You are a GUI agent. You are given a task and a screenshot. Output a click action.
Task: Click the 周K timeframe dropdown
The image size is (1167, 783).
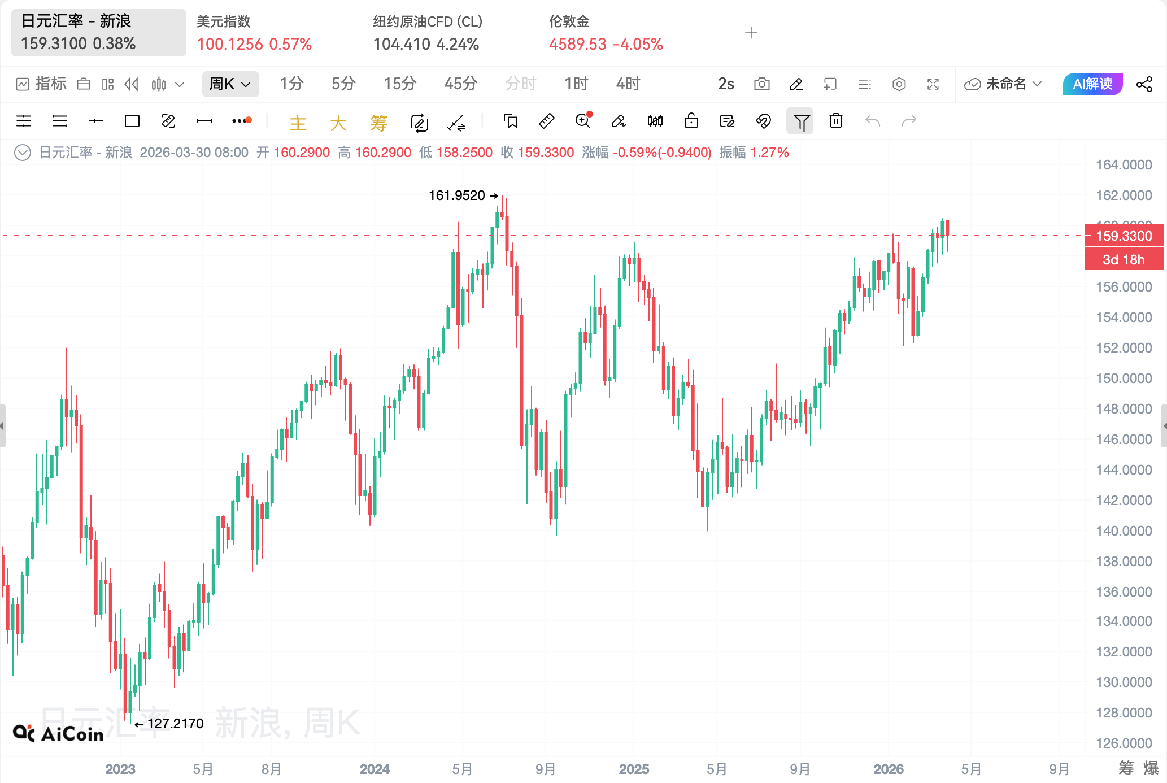click(x=230, y=84)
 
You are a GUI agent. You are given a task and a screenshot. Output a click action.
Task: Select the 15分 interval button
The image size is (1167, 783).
click(x=400, y=84)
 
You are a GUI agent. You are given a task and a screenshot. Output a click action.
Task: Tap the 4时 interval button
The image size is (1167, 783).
click(x=628, y=84)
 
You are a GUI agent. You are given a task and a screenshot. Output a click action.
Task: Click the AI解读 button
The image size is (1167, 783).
click(x=1092, y=84)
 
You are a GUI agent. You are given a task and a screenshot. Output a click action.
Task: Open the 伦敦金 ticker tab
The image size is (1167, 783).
click(x=606, y=33)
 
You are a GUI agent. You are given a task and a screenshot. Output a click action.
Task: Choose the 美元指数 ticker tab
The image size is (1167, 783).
click(x=254, y=33)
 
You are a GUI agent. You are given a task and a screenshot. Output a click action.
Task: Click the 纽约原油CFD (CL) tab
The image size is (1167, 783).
click(x=428, y=33)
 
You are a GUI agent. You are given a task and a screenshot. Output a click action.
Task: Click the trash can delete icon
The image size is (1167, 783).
click(x=835, y=121)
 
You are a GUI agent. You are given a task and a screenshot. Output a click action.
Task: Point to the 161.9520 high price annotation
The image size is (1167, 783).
click(x=457, y=195)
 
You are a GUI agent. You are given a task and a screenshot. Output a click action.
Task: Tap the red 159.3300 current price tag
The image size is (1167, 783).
click(x=1124, y=236)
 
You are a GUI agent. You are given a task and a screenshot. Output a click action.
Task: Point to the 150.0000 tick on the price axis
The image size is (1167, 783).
click(x=1124, y=379)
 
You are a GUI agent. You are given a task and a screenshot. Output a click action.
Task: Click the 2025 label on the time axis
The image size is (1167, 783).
click(x=634, y=769)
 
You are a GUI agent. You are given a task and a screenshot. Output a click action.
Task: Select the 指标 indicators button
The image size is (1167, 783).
click(x=42, y=84)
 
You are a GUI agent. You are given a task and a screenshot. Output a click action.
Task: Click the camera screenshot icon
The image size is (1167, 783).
click(x=761, y=84)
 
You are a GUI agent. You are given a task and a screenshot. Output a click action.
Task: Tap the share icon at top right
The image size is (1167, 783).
click(x=1144, y=84)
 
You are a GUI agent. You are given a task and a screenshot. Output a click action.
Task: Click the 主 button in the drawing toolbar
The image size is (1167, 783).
click(x=298, y=123)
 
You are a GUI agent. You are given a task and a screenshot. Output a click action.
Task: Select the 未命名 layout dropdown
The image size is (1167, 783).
click(x=1003, y=84)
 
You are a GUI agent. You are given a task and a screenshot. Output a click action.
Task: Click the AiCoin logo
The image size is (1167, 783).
click(x=58, y=733)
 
